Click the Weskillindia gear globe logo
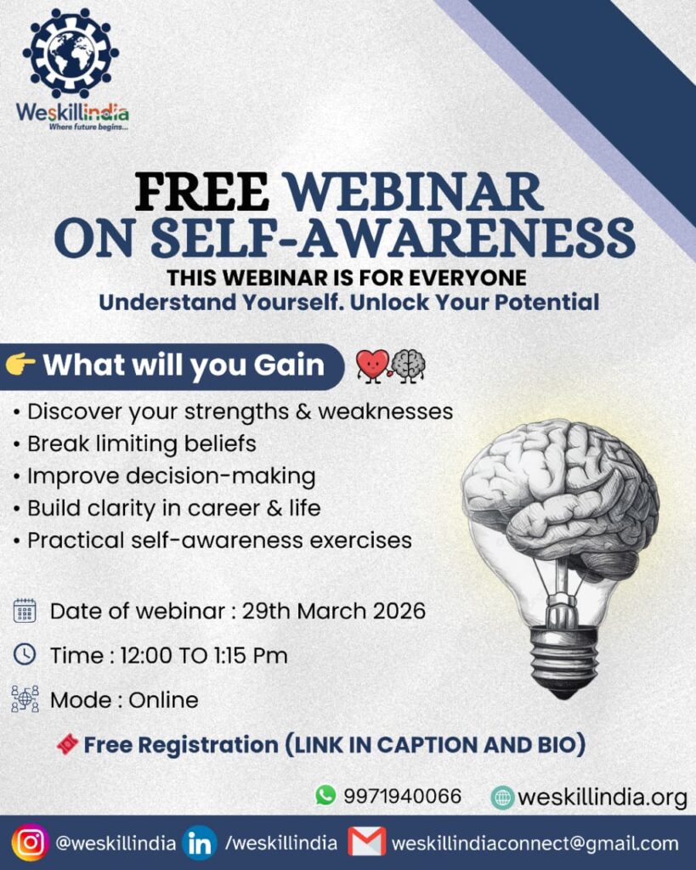(x=71, y=54)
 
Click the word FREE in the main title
(x=201, y=192)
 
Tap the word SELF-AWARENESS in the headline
(x=393, y=237)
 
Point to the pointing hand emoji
(x=20, y=364)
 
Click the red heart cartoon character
(x=372, y=365)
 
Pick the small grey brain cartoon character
(x=409, y=365)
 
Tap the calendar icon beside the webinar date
(x=25, y=611)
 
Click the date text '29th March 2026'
(x=334, y=611)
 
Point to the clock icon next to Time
(x=25, y=654)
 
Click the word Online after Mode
(x=163, y=700)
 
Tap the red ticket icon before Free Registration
(x=67, y=744)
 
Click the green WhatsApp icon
(x=325, y=794)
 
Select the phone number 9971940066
(x=403, y=796)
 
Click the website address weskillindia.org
(x=603, y=798)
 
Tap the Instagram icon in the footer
(x=31, y=843)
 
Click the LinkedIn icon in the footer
(x=199, y=843)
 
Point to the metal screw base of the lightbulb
(x=563, y=660)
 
